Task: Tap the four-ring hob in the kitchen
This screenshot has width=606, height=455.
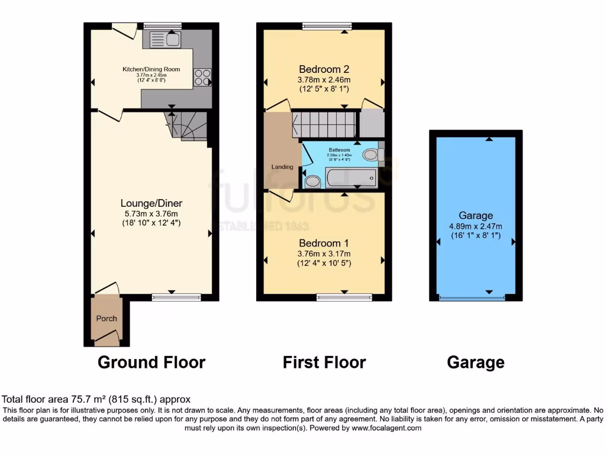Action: click(202, 78)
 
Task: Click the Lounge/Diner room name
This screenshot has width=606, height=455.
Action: click(151, 203)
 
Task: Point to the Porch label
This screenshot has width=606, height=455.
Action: click(107, 318)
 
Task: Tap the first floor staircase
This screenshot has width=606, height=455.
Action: click(324, 124)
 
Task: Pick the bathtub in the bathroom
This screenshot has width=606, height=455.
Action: click(350, 177)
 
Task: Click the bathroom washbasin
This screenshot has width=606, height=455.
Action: click(371, 155)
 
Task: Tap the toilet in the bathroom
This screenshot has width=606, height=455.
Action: click(312, 181)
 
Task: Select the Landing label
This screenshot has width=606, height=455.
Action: click(282, 167)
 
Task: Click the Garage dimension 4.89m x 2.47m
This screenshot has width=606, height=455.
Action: click(475, 226)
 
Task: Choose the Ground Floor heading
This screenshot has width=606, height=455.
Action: click(151, 362)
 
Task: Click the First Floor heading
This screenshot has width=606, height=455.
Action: click(324, 362)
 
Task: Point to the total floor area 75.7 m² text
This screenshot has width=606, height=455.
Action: click(96, 399)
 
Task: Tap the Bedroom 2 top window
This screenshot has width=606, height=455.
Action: click(327, 25)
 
